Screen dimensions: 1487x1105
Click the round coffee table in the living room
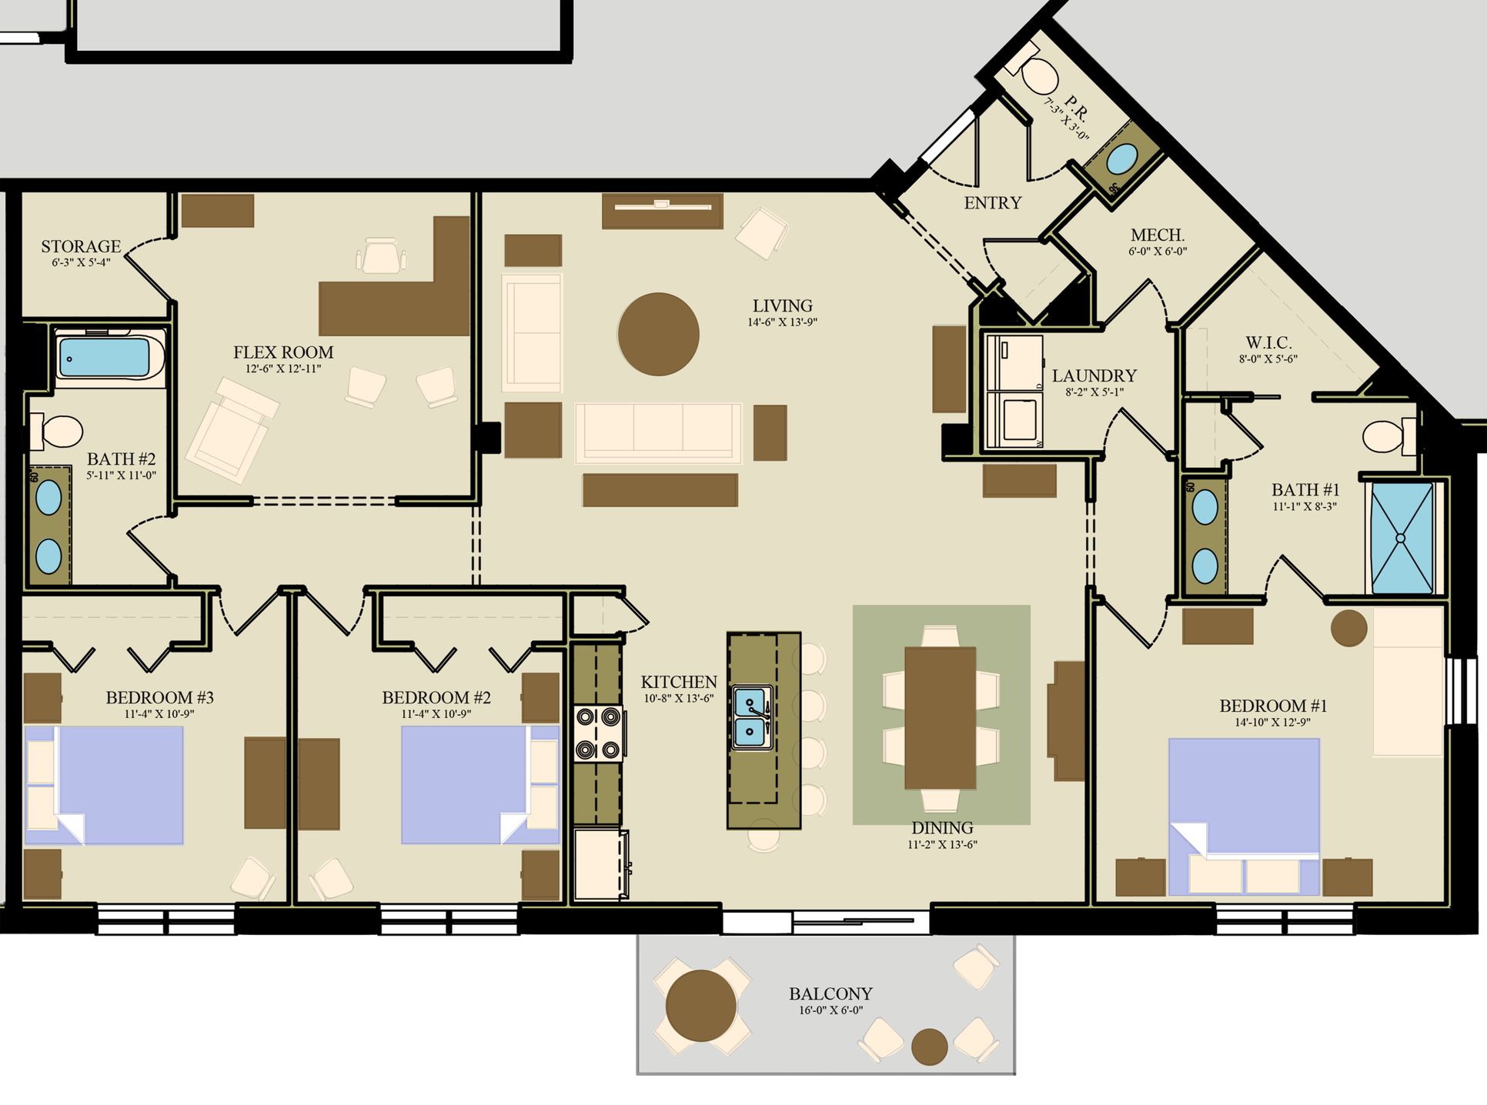[x=658, y=334]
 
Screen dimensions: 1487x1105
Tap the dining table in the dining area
[x=940, y=718]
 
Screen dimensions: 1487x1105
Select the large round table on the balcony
[x=700, y=1006]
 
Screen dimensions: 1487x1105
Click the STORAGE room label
[x=81, y=246]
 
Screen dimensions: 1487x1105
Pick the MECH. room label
[x=1158, y=235]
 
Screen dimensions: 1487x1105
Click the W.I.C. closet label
[x=1268, y=342]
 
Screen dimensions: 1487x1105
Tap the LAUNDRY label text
[x=1094, y=376]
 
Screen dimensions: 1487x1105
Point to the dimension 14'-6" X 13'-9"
[x=782, y=322]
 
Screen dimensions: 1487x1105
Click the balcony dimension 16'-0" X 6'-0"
[x=830, y=1010]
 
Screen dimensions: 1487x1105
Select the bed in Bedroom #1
[x=1244, y=816]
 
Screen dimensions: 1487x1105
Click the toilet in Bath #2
[x=55, y=432]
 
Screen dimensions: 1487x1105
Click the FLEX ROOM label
[x=283, y=352]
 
